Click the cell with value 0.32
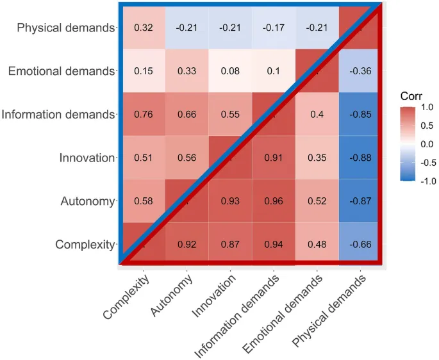pos(142,28)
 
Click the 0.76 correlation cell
pos(142,115)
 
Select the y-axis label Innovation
pos(86,158)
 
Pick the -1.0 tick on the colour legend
pos(426,181)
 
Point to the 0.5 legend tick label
pos(426,126)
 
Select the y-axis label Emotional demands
pos(61,71)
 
